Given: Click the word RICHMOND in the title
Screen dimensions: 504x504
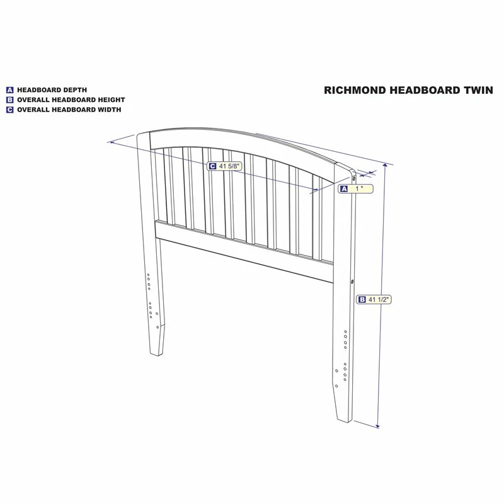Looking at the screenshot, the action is (x=355, y=90).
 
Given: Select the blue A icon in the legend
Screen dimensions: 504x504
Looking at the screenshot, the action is (x=10, y=90).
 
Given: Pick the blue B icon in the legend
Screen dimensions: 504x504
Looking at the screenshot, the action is (x=10, y=100).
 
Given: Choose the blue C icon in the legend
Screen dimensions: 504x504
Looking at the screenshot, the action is (x=10, y=110).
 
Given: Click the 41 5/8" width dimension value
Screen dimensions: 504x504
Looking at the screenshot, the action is (x=229, y=166).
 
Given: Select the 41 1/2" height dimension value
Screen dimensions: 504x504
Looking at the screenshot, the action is (x=379, y=300).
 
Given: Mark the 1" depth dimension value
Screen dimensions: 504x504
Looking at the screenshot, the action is (x=359, y=188).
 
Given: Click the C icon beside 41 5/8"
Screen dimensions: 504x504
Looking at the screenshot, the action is (x=212, y=166).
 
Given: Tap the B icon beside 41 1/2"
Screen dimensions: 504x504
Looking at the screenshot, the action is (x=362, y=300).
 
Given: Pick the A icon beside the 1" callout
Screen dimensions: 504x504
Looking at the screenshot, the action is (x=344, y=188).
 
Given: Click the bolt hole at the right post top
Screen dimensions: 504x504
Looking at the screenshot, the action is (x=354, y=177).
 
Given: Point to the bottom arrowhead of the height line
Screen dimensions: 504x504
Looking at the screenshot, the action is (x=377, y=426).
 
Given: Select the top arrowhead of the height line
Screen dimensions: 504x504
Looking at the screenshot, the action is (x=386, y=165).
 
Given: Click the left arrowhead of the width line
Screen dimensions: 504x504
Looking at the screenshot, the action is (x=112, y=142).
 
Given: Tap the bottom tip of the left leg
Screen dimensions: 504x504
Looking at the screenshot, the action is (x=157, y=355).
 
